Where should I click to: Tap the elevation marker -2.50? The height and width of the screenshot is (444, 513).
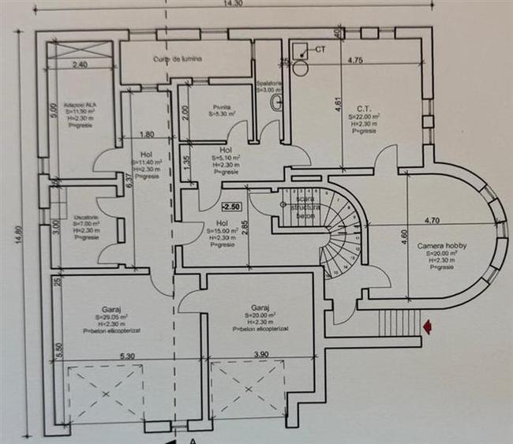click(231, 207)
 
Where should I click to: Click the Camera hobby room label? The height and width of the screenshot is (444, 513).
click(442, 246)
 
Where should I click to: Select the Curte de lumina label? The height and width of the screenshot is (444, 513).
click(179, 59)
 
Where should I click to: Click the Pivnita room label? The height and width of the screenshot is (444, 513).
click(209, 110)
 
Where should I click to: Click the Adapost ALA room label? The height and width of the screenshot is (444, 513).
click(82, 104)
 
